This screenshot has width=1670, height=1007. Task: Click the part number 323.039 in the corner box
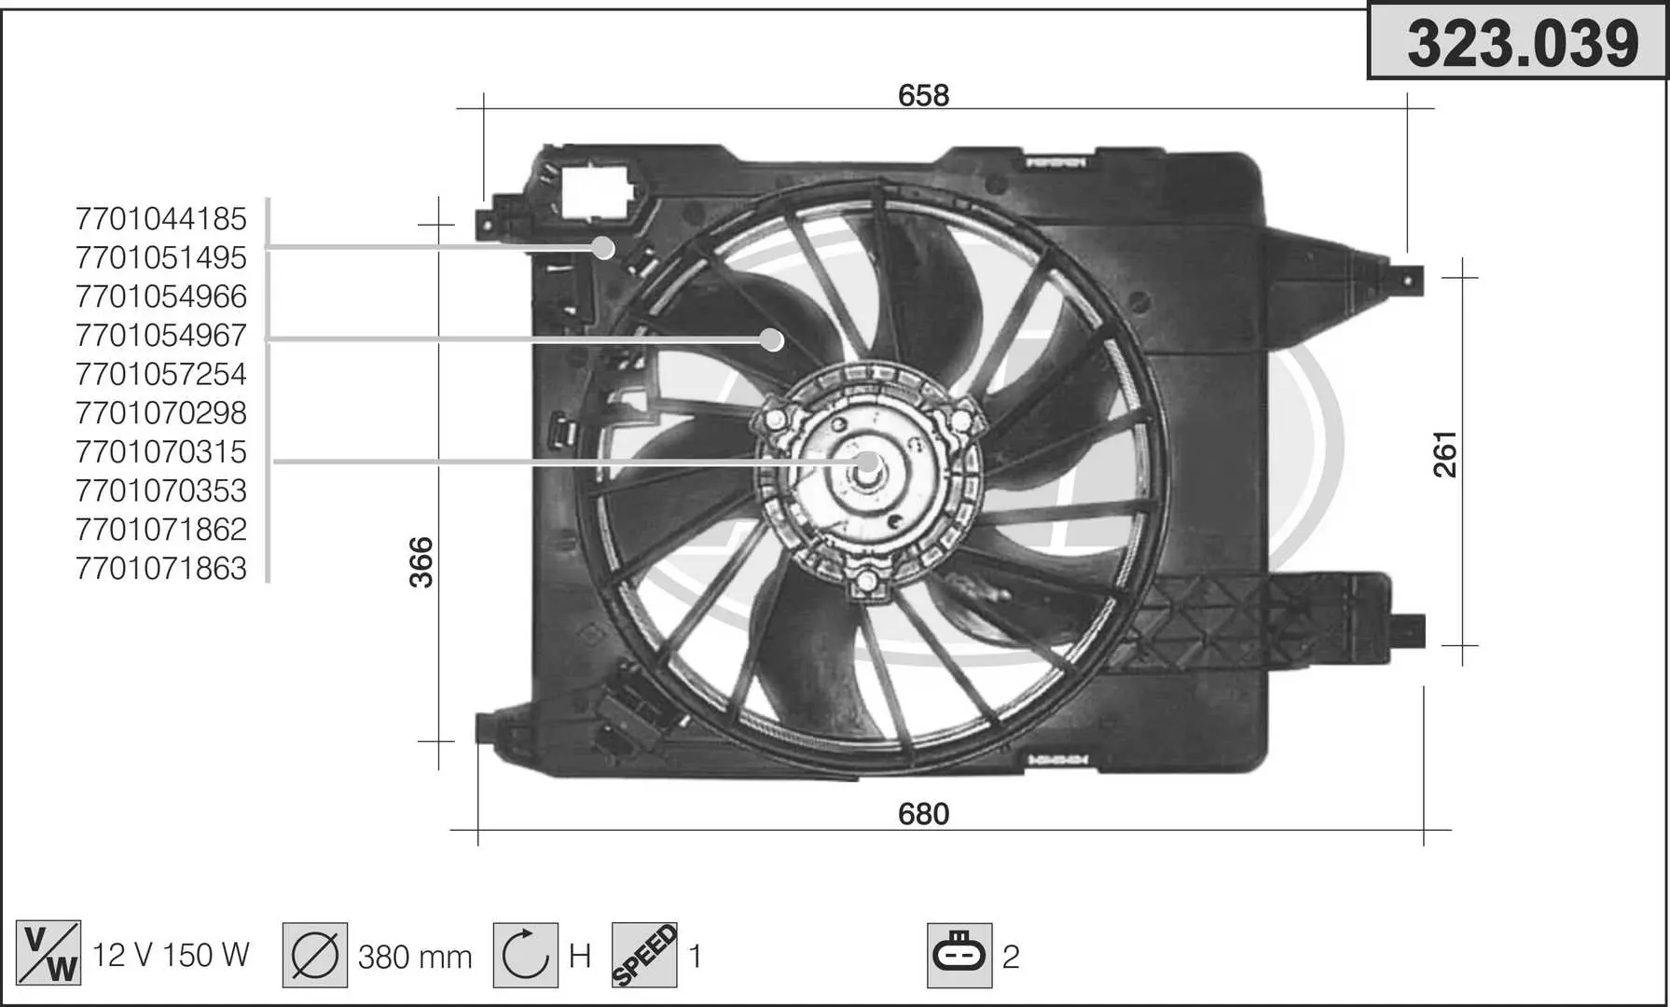click(1522, 43)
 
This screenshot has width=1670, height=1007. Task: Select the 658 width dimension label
click(923, 95)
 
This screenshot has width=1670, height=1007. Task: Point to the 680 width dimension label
click(923, 814)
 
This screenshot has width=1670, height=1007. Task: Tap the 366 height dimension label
click(422, 562)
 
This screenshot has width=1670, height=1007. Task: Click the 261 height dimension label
click(1445, 454)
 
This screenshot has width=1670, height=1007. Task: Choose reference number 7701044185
click(161, 219)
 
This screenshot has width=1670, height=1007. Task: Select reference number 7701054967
click(161, 336)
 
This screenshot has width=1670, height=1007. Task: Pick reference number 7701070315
click(161, 452)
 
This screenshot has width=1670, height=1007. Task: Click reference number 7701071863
click(161, 569)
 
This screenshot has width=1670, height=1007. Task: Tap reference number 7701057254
click(161, 375)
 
